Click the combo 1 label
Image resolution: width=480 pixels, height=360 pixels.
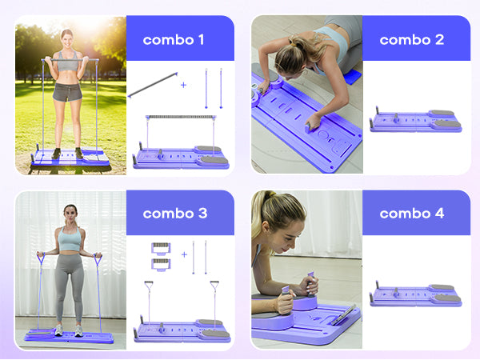point(168,38)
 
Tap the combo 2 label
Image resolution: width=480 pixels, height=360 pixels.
point(412,38)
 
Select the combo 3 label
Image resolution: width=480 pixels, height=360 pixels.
point(175,214)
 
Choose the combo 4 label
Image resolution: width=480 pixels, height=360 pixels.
point(412,214)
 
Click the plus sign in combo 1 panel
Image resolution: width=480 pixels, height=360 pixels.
point(183,82)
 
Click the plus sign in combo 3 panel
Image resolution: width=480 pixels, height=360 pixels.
point(183,255)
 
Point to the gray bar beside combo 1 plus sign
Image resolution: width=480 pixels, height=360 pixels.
point(152,83)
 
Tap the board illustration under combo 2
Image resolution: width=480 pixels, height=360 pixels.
point(415,121)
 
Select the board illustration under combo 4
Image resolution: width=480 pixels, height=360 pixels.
point(415,295)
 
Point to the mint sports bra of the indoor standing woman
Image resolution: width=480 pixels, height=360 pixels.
point(70,238)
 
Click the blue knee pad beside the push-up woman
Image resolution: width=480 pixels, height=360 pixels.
point(346,80)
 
